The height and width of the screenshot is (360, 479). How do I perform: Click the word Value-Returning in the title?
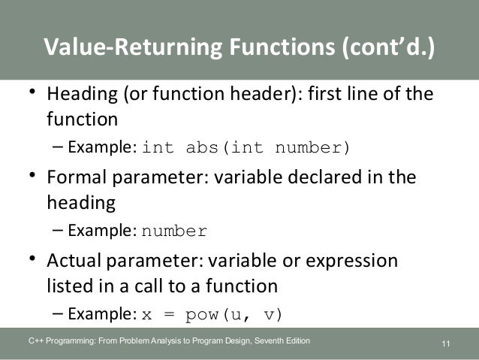pyautogui.click(x=128, y=47)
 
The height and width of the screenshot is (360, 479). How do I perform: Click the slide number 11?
pyautogui.click(x=446, y=344)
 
